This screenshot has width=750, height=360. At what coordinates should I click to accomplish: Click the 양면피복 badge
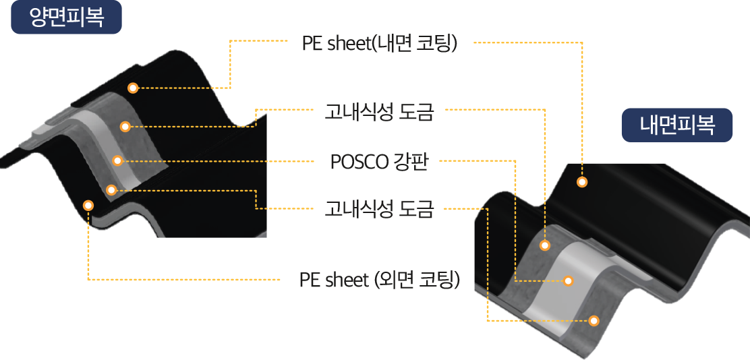point(66,18)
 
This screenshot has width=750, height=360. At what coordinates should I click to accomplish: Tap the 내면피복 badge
point(676,125)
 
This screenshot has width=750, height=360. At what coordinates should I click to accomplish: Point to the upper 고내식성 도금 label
point(378,112)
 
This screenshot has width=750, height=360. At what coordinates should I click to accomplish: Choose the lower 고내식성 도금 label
point(378,209)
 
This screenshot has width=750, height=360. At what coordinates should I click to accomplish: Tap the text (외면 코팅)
point(417,280)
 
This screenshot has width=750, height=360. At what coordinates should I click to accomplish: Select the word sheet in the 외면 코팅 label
point(346,280)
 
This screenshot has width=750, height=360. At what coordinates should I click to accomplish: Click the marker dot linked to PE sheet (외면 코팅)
point(88,204)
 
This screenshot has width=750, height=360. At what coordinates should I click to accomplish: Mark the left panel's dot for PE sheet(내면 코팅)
point(133,88)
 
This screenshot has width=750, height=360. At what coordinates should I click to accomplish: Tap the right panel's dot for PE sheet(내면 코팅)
point(582,181)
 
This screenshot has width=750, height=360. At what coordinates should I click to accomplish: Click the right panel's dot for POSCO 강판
point(568,280)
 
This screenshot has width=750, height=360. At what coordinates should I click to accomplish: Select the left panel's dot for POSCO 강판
point(117,160)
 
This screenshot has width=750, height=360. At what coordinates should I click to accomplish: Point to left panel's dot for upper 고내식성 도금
point(125,126)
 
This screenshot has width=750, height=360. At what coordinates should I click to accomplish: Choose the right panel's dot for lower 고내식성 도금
point(594,320)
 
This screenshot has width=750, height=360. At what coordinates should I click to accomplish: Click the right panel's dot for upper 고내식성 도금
point(546,245)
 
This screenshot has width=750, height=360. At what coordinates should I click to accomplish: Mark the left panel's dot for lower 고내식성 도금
point(111,189)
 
